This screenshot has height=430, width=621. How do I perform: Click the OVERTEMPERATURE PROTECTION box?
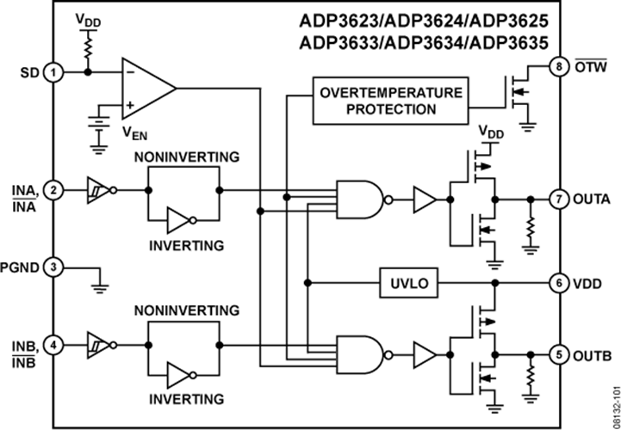(388, 100)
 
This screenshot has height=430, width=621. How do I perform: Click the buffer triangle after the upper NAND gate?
(425, 199)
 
